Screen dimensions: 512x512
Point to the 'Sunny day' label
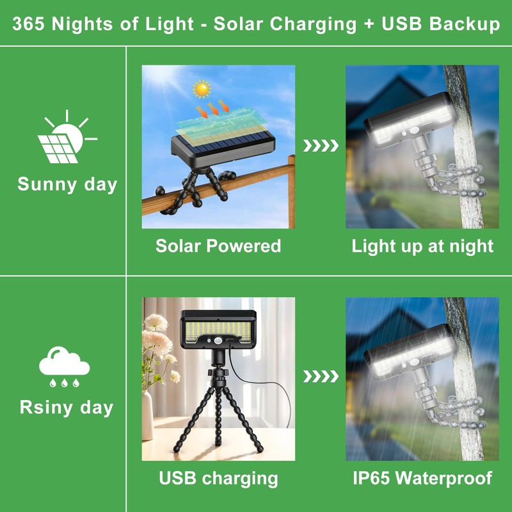[x=67, y=184]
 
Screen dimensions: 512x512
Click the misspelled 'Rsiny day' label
[x=66, y=408]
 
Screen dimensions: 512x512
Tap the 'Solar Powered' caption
[x=218, y=246]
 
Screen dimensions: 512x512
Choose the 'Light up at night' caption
[x=422, y=246]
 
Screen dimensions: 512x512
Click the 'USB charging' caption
[x=218, y=477]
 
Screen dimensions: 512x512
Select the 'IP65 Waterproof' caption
[x=422, y=477]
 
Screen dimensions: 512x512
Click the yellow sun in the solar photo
[x=203, y=88]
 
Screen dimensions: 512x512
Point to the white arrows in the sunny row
[x=320, y=146]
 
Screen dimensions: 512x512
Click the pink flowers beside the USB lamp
[x=157, y=339]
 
